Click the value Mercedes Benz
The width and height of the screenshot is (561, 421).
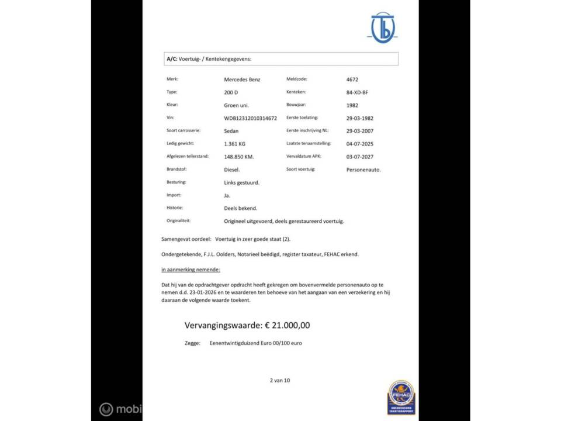pyautogui.click(x=243, y=79)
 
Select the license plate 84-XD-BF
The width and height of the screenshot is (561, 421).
pyautogui.click(x=357, y=92)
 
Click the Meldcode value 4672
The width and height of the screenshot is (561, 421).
pyautogui.click(x=352, y=79)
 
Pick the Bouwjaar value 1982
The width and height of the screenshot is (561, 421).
pyautogui.click(x=352, y=105)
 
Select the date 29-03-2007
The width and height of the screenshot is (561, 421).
pyautogui.click(x=360, y=131)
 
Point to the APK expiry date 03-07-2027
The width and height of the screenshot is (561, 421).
pyautogui.click(x=360, y=157)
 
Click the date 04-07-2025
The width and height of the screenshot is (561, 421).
pyautogui.click(x=360, y=144)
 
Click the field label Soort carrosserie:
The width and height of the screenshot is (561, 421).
pyautogui.click(x=185, y=130)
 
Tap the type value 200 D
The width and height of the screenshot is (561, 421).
pyautogui.click(x=231, y=92)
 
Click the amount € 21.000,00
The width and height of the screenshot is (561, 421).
pyautogui.click(x=288, y=326)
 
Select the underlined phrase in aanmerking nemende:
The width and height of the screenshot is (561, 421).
pyautogui.click(x=191, y=270)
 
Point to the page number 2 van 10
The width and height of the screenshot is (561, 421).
pyautogui.click(x=280, y=380)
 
